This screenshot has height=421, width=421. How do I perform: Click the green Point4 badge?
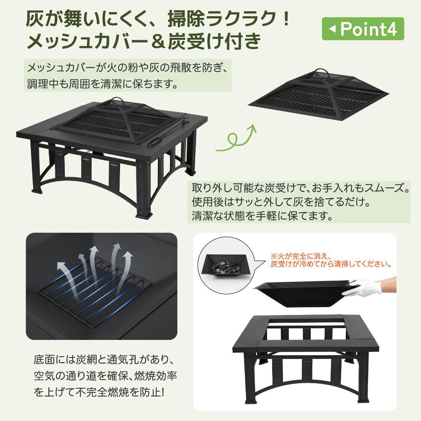click(363, 29)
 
